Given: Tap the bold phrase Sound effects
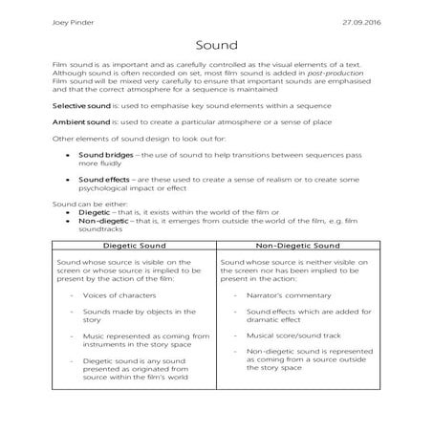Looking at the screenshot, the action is point(102,179).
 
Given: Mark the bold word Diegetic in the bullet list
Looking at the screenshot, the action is point(94,212).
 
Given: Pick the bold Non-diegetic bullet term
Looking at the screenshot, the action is point(103,220).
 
